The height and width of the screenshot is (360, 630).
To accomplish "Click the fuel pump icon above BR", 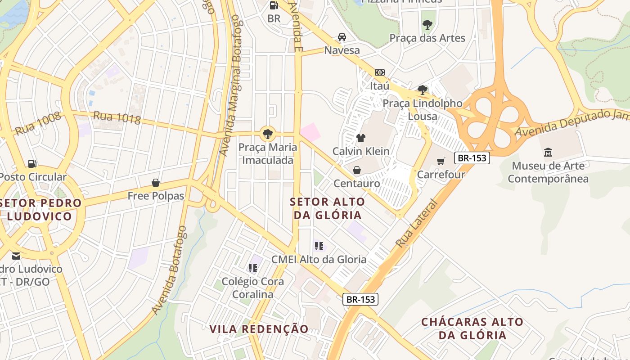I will coord(274,5).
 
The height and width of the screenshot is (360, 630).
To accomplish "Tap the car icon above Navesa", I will coord(342,36).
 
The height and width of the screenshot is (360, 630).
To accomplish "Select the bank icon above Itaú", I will coord(380,72).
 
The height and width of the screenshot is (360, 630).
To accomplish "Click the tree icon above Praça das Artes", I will coord(427,25).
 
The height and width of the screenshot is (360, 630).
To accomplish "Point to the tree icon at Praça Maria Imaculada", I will coord(268,133).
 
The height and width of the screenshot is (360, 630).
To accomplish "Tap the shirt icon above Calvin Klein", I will coord(360,138).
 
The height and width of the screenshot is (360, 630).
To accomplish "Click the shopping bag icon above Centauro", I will coord(357,170).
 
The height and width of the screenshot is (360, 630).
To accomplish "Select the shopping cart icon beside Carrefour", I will coord(441,161).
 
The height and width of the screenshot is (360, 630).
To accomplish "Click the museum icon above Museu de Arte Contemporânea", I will coord(548,152).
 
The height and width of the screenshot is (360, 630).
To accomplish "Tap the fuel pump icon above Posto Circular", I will coord(32,164).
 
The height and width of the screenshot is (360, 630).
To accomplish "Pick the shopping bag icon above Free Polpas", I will coord(156,183).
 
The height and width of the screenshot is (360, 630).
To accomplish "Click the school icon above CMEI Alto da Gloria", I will coord(319,246).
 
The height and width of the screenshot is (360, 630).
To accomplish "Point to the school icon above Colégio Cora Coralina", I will coord(253,268).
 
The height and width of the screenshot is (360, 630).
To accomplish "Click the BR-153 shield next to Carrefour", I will coord(472,158).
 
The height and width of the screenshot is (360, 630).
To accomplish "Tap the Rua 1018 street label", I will coord(117,118).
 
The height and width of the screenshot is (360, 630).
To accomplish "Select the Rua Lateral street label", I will coord(416,224).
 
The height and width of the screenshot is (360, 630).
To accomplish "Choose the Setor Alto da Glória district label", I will coord(328,208).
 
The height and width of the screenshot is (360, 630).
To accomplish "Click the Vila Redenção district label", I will coord(259,329).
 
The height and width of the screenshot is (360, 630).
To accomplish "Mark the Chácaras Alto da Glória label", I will coord(472,328).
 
